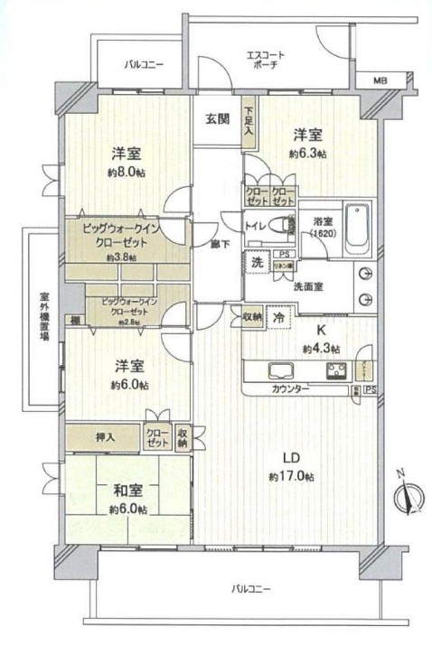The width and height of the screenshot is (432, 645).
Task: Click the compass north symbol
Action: (x=410, y=497)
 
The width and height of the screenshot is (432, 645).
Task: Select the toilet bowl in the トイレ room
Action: (x=289, y=225)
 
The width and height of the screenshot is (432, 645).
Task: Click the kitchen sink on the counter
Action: (x=277, y=369)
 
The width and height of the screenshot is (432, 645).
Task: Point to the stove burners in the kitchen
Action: (x=336, y=369)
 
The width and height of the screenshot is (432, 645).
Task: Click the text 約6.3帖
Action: (x=307, y=154)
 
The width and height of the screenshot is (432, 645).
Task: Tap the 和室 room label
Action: (x=127, y=492)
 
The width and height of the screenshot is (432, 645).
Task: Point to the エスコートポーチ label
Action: (x=266, y=61)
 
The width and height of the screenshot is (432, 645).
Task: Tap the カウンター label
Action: (x=289, y=388)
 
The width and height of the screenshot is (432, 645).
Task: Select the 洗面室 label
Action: (x=306, y=286)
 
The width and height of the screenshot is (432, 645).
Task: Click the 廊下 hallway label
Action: (x=218, y=244)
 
